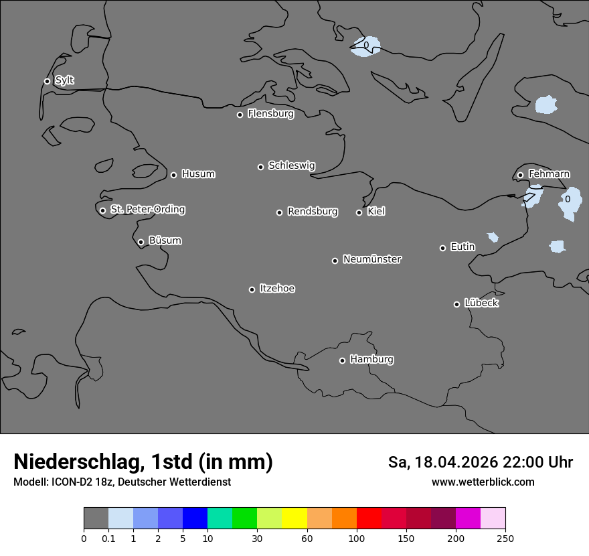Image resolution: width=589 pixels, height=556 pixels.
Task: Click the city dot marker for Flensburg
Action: pyautogui.click(x=240, y=115)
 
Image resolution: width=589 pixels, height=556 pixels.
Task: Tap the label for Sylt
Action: pyautogui.click(x=64, y=80)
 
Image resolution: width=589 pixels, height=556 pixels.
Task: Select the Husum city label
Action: pyautogui.click(x=198, y=174)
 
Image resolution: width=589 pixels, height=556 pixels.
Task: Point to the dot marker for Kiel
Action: pyautogui.click(x=359, y=212)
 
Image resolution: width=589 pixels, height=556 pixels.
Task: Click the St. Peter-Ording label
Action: pyautogui.click(x=147, y=210)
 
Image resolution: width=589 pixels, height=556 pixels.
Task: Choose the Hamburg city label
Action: pyautogui.click(x=371, y=360)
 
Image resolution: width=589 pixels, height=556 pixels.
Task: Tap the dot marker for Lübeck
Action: pyautogui.click(x=456, y=304)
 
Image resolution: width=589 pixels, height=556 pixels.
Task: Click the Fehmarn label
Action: pyautogui.click(x=549, y=174)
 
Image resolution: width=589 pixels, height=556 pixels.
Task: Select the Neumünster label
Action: pyautogui.click(x=372, y=259)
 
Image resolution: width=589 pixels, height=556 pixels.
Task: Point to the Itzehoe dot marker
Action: pyautogui.click(x=252, y=289)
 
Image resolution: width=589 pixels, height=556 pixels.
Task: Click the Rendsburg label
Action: pyautogui.click(x=313, y=212)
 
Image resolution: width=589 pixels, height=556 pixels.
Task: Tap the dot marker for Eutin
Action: pyautogui.click(x=442, y=248)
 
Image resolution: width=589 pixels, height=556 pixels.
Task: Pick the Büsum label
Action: pyautogui.click(x=165, y=240)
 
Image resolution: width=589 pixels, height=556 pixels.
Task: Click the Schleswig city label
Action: pyautogui.click(x=291, y=165)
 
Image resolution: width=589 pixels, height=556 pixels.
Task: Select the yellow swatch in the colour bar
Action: pyautogui.click(x=294, y=518)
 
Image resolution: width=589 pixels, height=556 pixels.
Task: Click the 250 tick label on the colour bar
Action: pyautogui.click(x=505, y=538)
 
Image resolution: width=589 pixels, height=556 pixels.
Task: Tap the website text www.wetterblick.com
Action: pyautogui.click(x=483, y=482)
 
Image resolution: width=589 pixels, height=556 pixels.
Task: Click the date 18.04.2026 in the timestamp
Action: pyautogui.click(x=455, y=462)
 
